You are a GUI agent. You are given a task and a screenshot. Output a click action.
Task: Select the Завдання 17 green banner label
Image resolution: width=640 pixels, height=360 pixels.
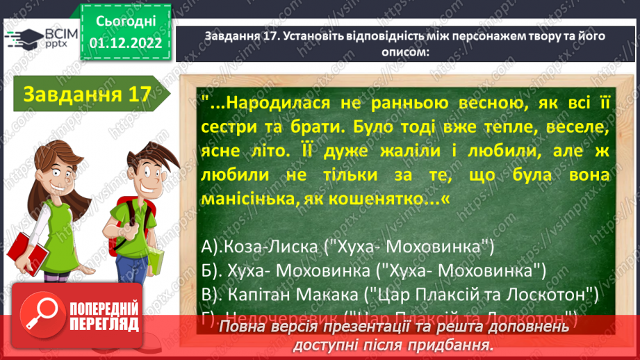click(87, 94)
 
